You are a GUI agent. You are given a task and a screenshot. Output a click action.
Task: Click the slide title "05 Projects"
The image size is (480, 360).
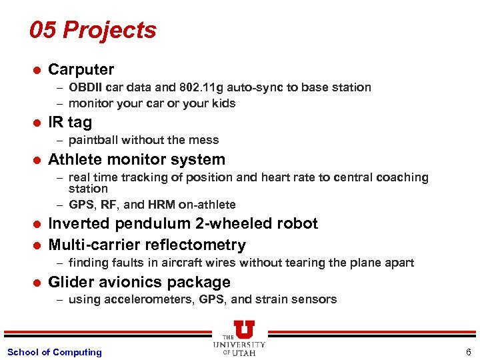93,30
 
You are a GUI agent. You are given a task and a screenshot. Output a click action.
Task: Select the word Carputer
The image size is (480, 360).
81,69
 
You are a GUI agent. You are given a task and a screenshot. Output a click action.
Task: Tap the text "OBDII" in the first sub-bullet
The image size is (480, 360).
86,87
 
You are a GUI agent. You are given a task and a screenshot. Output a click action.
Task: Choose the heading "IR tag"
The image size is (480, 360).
70,122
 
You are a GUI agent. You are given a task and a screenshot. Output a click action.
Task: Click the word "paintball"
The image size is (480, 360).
93,140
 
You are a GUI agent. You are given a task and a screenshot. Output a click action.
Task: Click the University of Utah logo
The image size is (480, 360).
239,338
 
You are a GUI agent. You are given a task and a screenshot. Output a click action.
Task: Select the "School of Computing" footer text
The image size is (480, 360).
54,352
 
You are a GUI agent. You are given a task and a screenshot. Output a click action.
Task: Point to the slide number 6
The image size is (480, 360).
469,352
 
